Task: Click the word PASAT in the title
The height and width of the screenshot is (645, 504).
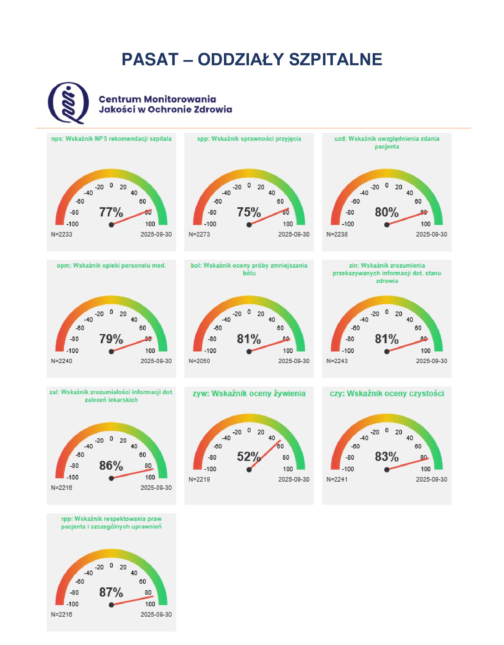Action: (x=150, y=59)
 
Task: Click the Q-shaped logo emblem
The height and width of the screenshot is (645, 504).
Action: (x=69, y=103)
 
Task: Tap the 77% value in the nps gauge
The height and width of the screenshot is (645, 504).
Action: (x=111, y=212)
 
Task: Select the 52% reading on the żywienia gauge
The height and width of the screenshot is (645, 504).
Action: (x=249, y=457)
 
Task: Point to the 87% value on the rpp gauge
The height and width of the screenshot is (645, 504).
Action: (x=111, y=592)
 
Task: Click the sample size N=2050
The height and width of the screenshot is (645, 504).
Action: (x=199, y=361)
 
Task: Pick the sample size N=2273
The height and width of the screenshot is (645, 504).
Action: (x=199, y=234)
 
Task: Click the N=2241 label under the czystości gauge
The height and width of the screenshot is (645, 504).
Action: (x=337, y=479)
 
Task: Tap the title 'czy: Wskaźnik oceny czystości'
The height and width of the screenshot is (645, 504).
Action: (x=387, y=394)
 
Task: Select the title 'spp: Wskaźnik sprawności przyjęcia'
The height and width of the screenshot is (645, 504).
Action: (x=249, y=139)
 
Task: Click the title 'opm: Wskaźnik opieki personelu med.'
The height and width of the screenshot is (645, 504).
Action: (x=111, y=265)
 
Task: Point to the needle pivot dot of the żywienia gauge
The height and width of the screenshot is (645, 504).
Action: (x=249, y=470)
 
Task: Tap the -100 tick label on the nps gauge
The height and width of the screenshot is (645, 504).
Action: (x=73, y=224)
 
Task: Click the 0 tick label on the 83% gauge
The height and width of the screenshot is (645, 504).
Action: (x=387, y=430)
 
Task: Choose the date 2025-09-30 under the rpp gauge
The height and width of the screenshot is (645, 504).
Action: (x=156, y=615)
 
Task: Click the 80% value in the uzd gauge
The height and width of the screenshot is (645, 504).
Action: (x=386, y=212)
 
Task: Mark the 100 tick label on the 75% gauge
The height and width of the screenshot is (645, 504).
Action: (x=288, y=224)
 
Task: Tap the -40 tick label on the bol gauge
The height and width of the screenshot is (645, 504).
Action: (x=226, y=320)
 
